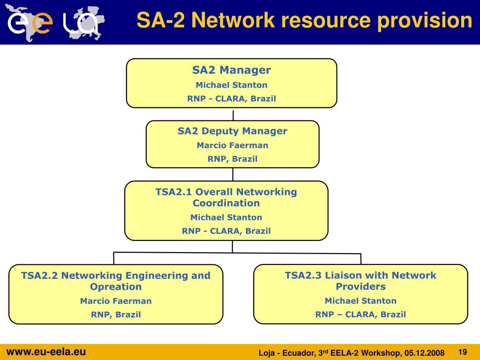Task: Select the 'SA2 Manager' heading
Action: [232, 70]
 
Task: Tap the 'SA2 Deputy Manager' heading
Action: [232, 131]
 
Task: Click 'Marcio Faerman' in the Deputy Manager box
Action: [232, 145]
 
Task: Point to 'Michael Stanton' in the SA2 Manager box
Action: [232, 85]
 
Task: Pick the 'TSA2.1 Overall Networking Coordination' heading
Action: [226, 197]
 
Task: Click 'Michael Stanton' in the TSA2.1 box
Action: [226, 217]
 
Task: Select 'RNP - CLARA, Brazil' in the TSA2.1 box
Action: [226, 231]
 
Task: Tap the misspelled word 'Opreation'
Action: [116, 287]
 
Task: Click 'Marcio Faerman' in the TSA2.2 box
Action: [116, 301]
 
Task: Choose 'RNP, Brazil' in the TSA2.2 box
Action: [116, 315]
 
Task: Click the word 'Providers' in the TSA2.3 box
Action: [360, 286]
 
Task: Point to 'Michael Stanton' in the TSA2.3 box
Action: [360, 301]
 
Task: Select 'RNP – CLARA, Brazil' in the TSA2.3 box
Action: [360, 315]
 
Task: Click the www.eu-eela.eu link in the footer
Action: [46, 352]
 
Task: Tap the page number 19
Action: [463, 352]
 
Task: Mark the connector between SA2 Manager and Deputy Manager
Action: [233, 114]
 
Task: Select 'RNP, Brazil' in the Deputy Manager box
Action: [232, 159]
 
